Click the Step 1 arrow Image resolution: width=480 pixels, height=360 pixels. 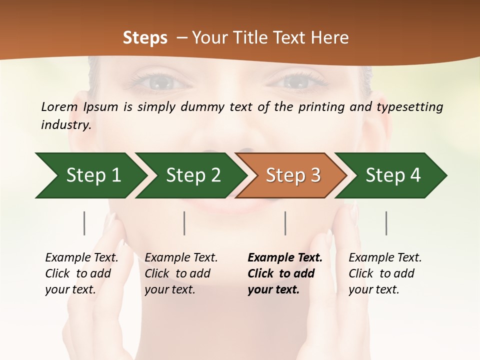pyautogui.click(x=90, y=175)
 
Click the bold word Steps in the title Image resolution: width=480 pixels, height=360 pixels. pyautogui.click(x=145, y=38)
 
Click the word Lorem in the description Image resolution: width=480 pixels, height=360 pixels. pyautogui.click(x=59, y=107)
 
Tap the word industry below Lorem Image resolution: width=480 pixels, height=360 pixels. pyautogui.click(x=65, y=125)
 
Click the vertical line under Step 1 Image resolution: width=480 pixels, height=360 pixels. pyautogui.click(x=84, y=223)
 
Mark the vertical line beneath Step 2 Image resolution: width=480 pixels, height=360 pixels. pyautogui.click(x=184, y=223)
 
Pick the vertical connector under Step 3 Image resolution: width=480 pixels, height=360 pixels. pyautogui.click(x=285, y=223)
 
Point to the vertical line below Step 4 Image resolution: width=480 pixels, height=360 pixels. pyautogui.click(x=386, y=223)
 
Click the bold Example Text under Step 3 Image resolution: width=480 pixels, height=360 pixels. pyautogui.click(x=285, y=258)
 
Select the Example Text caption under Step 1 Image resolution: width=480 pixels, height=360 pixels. pyautogui.click(x=81, y=258)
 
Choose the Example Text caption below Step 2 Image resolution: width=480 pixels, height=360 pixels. pyautogui.click(x=181, y=258)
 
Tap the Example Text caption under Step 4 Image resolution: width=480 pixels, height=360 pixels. pyautogui.click(x=385, y=258)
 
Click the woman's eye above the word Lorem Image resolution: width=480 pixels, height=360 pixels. pyautogui.click(x=160, y=81)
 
